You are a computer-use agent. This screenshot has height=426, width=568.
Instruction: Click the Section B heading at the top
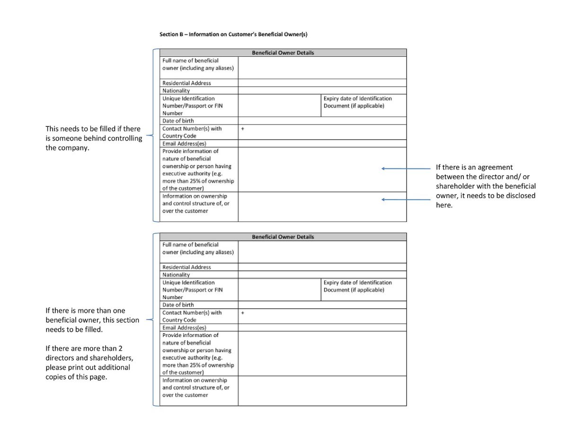click(x=233, y=35)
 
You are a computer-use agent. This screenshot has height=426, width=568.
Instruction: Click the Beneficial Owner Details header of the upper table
click(x=283, y=53)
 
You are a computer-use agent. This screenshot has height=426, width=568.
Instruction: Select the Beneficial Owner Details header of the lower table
click(x=283, y=237)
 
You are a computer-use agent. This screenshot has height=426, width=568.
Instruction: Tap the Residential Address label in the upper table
click(x=186, y=83)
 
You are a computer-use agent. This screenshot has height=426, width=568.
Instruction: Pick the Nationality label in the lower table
click(x=176, y=275)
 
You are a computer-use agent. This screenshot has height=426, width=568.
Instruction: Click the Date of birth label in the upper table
click(x=178, y=121)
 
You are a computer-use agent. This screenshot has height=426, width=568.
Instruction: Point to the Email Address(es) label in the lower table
click(x=184, y=328)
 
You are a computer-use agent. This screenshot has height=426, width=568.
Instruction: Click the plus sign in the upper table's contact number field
click(x=242, y=128)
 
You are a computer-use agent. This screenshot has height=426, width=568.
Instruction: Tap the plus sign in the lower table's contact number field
click(x=242, y=312)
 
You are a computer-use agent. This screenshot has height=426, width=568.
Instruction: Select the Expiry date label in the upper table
click(x=357, y=102)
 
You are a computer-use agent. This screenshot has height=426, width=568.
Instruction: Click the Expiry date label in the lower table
click(x=357, y=286)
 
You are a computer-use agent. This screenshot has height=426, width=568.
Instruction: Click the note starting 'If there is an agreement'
click(x=486, y=186)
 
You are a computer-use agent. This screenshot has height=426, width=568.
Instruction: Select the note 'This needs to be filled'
click(x=93, y=138)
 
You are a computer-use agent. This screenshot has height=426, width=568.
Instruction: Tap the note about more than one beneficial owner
click(x=92, y=320)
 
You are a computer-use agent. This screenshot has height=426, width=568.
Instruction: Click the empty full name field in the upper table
click(x=322, y=68)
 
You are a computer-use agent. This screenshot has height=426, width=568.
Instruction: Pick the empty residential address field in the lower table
click(x=322, y=267)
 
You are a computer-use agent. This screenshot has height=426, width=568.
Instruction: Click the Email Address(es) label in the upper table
click(x=184, y=143)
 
